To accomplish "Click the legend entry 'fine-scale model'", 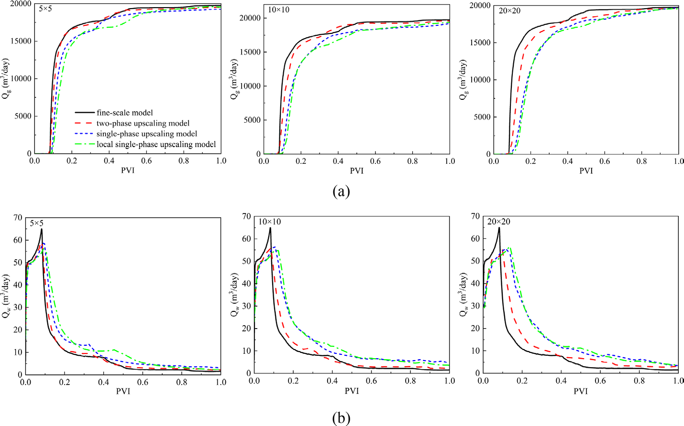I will point(125,113).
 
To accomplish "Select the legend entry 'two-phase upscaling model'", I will point(143,123).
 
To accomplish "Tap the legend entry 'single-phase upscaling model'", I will point(147,134).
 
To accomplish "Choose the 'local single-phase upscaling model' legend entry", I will point(156,144).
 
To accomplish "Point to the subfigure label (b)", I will point(341,418).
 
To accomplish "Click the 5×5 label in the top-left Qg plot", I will point(45,9).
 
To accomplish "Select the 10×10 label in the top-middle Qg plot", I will point(278,10).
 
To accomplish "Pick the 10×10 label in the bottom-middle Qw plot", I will point(270,222).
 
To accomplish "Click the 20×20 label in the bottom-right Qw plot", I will point(498,222).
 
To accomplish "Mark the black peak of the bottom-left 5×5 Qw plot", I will point(42,229).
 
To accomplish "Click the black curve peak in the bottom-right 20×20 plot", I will point(499,228).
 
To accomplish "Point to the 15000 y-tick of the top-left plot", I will point(21,41).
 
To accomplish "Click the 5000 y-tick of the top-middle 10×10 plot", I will point(252,120).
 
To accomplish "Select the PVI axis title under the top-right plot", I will point(586,170).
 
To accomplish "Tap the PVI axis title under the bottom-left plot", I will point(123,391).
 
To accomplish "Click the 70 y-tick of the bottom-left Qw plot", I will point(18,217).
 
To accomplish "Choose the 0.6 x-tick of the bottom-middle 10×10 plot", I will point(371,381).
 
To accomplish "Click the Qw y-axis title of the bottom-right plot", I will point(463,295).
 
